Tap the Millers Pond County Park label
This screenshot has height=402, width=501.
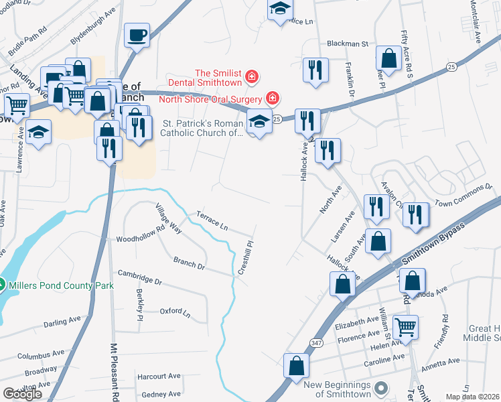click(62, 285)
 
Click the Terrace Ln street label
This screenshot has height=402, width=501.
click(212, 221)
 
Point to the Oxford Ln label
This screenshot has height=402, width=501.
click(175, 312)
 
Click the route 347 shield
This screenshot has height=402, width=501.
click(314, 342)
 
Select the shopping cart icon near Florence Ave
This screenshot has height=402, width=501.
click(405, 327)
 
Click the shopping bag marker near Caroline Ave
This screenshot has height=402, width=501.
click(296, 366)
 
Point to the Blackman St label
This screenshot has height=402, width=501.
click(348, 44)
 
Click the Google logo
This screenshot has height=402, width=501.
click(22, 394)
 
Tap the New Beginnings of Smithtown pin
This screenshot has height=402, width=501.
click(382, 388)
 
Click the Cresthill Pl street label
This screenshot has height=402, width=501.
click(246, 258)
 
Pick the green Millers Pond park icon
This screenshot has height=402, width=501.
click(3, 285)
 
